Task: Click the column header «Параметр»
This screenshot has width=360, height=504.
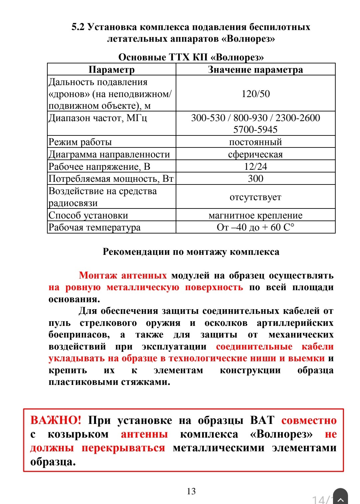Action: (111, 69)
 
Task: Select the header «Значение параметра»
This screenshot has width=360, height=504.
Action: (255, 69)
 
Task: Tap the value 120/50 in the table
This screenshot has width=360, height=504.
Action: (255, 94)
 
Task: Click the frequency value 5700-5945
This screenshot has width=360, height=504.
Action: (255, 129)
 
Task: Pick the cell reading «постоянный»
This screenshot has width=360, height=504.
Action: (255, 142)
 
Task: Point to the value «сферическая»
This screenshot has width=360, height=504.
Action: (255, 154)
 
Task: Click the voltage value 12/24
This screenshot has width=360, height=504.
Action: (255, 166)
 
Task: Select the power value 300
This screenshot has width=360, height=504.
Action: (255, 178)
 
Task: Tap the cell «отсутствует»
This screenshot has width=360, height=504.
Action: (255, 197)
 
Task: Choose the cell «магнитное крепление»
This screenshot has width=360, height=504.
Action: (255, 215)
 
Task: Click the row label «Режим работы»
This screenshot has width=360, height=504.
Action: (80, 142)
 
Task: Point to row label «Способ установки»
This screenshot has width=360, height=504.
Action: (88, 215)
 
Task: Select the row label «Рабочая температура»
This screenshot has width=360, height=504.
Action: (95, 227)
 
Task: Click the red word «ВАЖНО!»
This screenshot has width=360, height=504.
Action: (56, 420)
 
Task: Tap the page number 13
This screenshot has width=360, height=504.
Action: (191, 491)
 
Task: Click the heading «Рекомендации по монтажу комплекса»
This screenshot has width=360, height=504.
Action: (191, 251)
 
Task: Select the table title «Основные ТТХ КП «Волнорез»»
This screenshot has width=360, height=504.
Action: (191, 57)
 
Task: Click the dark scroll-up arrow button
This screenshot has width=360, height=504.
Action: (340, 498)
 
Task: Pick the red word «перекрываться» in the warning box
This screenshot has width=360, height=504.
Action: (123, 448)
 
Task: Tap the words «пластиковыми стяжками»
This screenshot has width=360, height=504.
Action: (109, 382)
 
